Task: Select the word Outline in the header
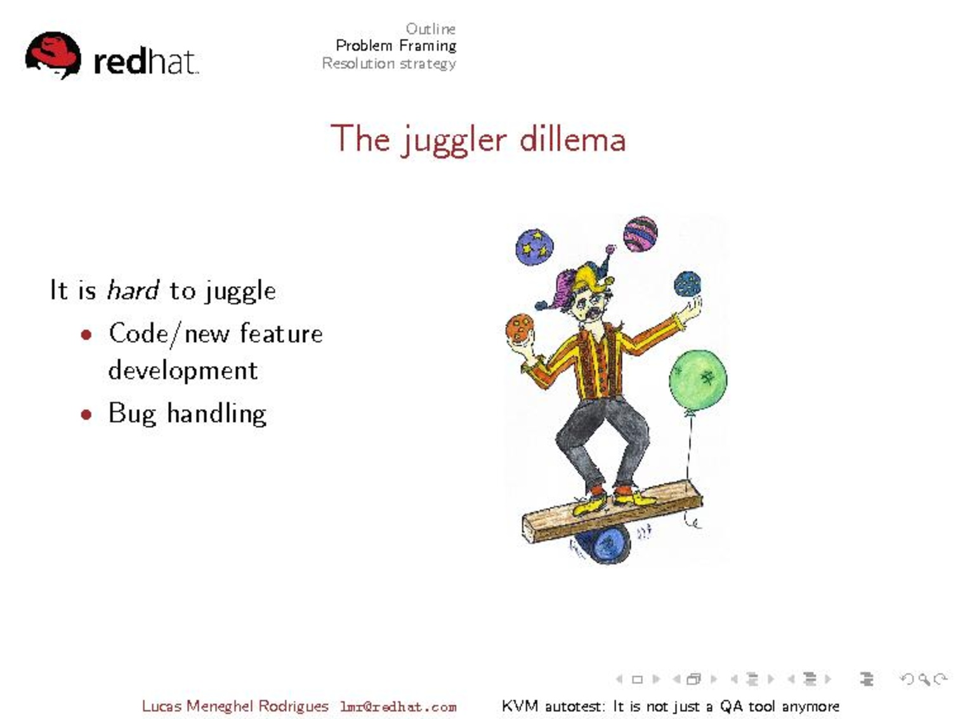point(431,29)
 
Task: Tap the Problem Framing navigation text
point(397,46)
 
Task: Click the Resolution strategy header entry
point(389,63)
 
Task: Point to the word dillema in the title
point(573,139)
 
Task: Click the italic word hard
point(133,290)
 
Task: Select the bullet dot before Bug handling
point(86,414)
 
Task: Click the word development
point(183,371)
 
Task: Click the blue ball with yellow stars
point(534,247)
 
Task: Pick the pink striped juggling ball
point(640,234)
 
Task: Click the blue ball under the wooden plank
point(604,546)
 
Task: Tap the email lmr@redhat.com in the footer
point(398,706)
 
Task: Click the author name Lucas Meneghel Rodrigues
point(235,706)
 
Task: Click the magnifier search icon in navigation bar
point(924,679)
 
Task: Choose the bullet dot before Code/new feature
point(86,335)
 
